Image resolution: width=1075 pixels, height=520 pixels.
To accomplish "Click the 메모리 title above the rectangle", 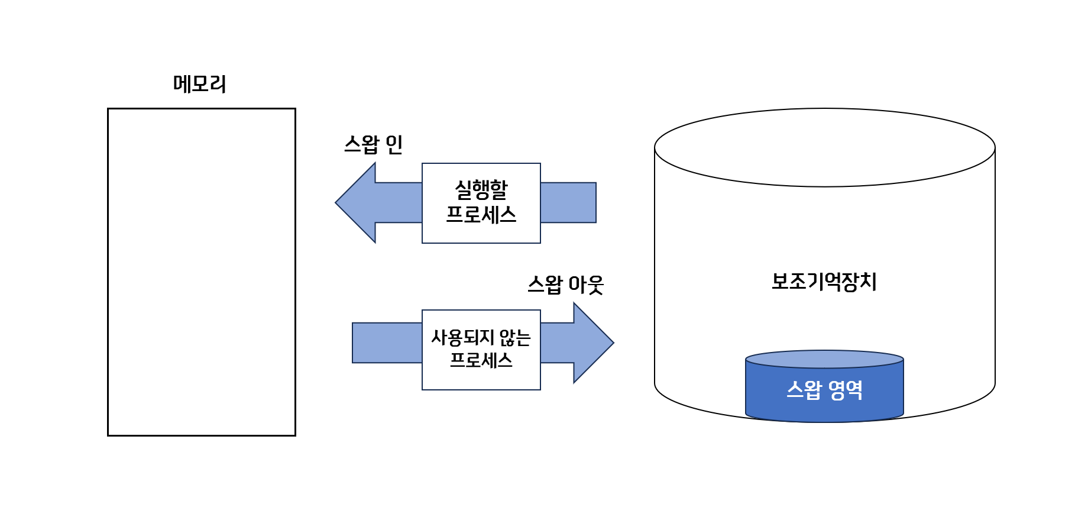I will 199,84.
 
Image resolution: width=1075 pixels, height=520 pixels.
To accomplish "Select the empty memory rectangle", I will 201,272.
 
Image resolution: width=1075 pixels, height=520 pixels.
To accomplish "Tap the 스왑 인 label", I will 373,144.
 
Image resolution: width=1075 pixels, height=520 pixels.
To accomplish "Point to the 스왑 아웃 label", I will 565,285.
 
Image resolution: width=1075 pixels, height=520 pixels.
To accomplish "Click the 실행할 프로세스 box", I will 481,203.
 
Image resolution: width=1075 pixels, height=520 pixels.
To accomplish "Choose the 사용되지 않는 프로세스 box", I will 481,350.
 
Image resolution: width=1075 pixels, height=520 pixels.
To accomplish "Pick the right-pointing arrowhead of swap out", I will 592,343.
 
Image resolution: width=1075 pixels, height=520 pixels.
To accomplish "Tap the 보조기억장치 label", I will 824,282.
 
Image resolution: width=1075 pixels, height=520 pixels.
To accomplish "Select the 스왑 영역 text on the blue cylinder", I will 824,390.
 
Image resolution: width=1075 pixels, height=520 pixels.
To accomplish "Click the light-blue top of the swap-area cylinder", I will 824,359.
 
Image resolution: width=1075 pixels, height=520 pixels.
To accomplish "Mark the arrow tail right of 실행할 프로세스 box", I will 568,203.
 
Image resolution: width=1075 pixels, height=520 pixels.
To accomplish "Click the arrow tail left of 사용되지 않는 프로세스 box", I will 387,343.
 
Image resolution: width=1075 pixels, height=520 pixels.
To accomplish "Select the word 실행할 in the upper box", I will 481,190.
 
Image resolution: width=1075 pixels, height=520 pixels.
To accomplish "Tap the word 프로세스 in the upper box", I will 481,215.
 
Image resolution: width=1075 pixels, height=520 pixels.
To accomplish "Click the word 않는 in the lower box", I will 514,338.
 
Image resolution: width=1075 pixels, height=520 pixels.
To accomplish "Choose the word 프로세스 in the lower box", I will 481,360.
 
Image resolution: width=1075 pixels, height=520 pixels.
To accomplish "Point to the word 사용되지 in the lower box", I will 462,338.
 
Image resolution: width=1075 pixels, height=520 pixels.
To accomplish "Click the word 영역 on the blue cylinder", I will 845,390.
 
